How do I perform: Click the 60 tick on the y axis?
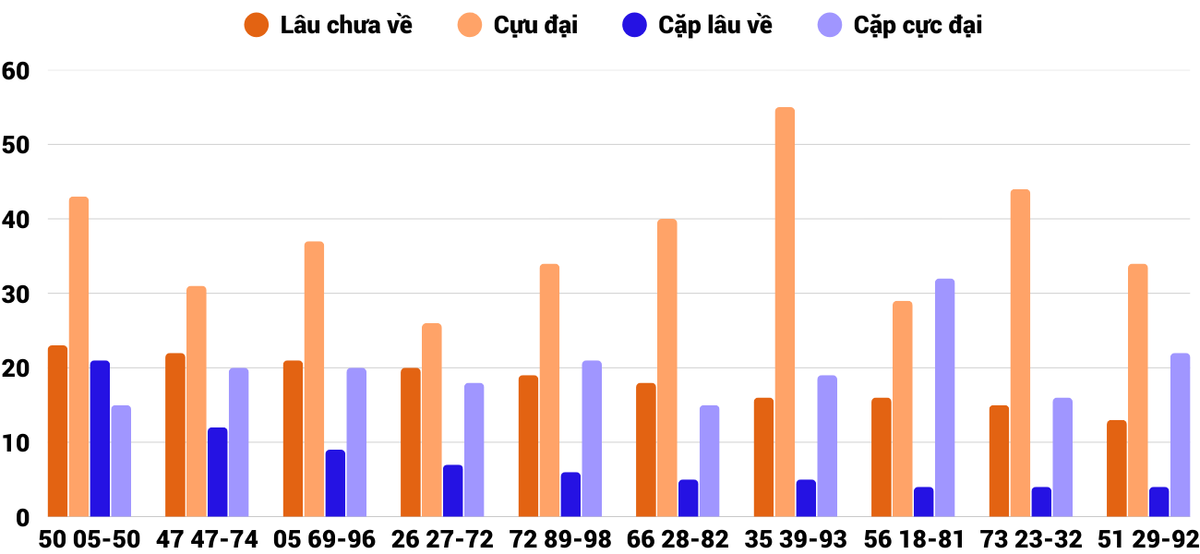(x=17, y=71)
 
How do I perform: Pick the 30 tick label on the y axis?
(x=17, y=295)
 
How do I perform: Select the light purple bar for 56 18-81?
(x=944, y=398)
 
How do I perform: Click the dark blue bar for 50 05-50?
(x=100, y=439)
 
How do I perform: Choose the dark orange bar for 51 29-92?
(x=1117, y=468)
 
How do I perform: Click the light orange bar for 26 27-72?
(x=432, y=420)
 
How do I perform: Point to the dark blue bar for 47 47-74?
(x=217, y=472)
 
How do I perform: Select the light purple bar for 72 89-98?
(x=592, y=439)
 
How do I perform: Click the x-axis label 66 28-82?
(x=678, y=539)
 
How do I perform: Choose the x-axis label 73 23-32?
(x=1030, y=539)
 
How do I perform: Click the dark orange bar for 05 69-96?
(x=293, y=439)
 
